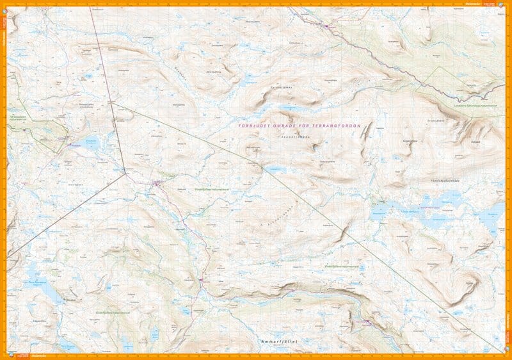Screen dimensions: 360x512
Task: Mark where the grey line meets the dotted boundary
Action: pyautogui.click(x=124, y=171)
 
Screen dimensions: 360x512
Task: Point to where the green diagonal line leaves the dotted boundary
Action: pyautogui.click(x=111, y=102)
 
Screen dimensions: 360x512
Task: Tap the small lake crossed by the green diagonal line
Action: pyautogui.click(x=276, y=170)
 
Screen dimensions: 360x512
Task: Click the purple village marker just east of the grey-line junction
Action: pyautogui.click(x=156, y=184)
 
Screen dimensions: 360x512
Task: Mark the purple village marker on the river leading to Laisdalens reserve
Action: pyautogui.click(x=328, y=26)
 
